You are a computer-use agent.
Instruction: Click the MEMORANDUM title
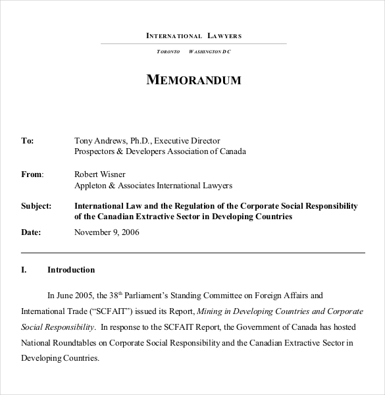(x=193, y=80)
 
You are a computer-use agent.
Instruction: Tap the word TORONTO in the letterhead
(x=168, y=51)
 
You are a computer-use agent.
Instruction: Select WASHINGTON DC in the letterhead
(x=210, y=51)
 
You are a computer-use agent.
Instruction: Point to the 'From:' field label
(x=32, y=174)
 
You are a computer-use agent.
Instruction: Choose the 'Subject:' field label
(x=36, y=206)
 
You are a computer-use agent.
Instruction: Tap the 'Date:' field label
(x=31, y=232)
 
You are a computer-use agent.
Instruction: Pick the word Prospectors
(x=96, y=151)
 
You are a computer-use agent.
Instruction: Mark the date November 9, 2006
(x=107, y=232)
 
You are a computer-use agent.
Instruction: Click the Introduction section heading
(x=71, y=270)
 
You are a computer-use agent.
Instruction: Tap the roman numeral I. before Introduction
(x=24, y=270)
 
